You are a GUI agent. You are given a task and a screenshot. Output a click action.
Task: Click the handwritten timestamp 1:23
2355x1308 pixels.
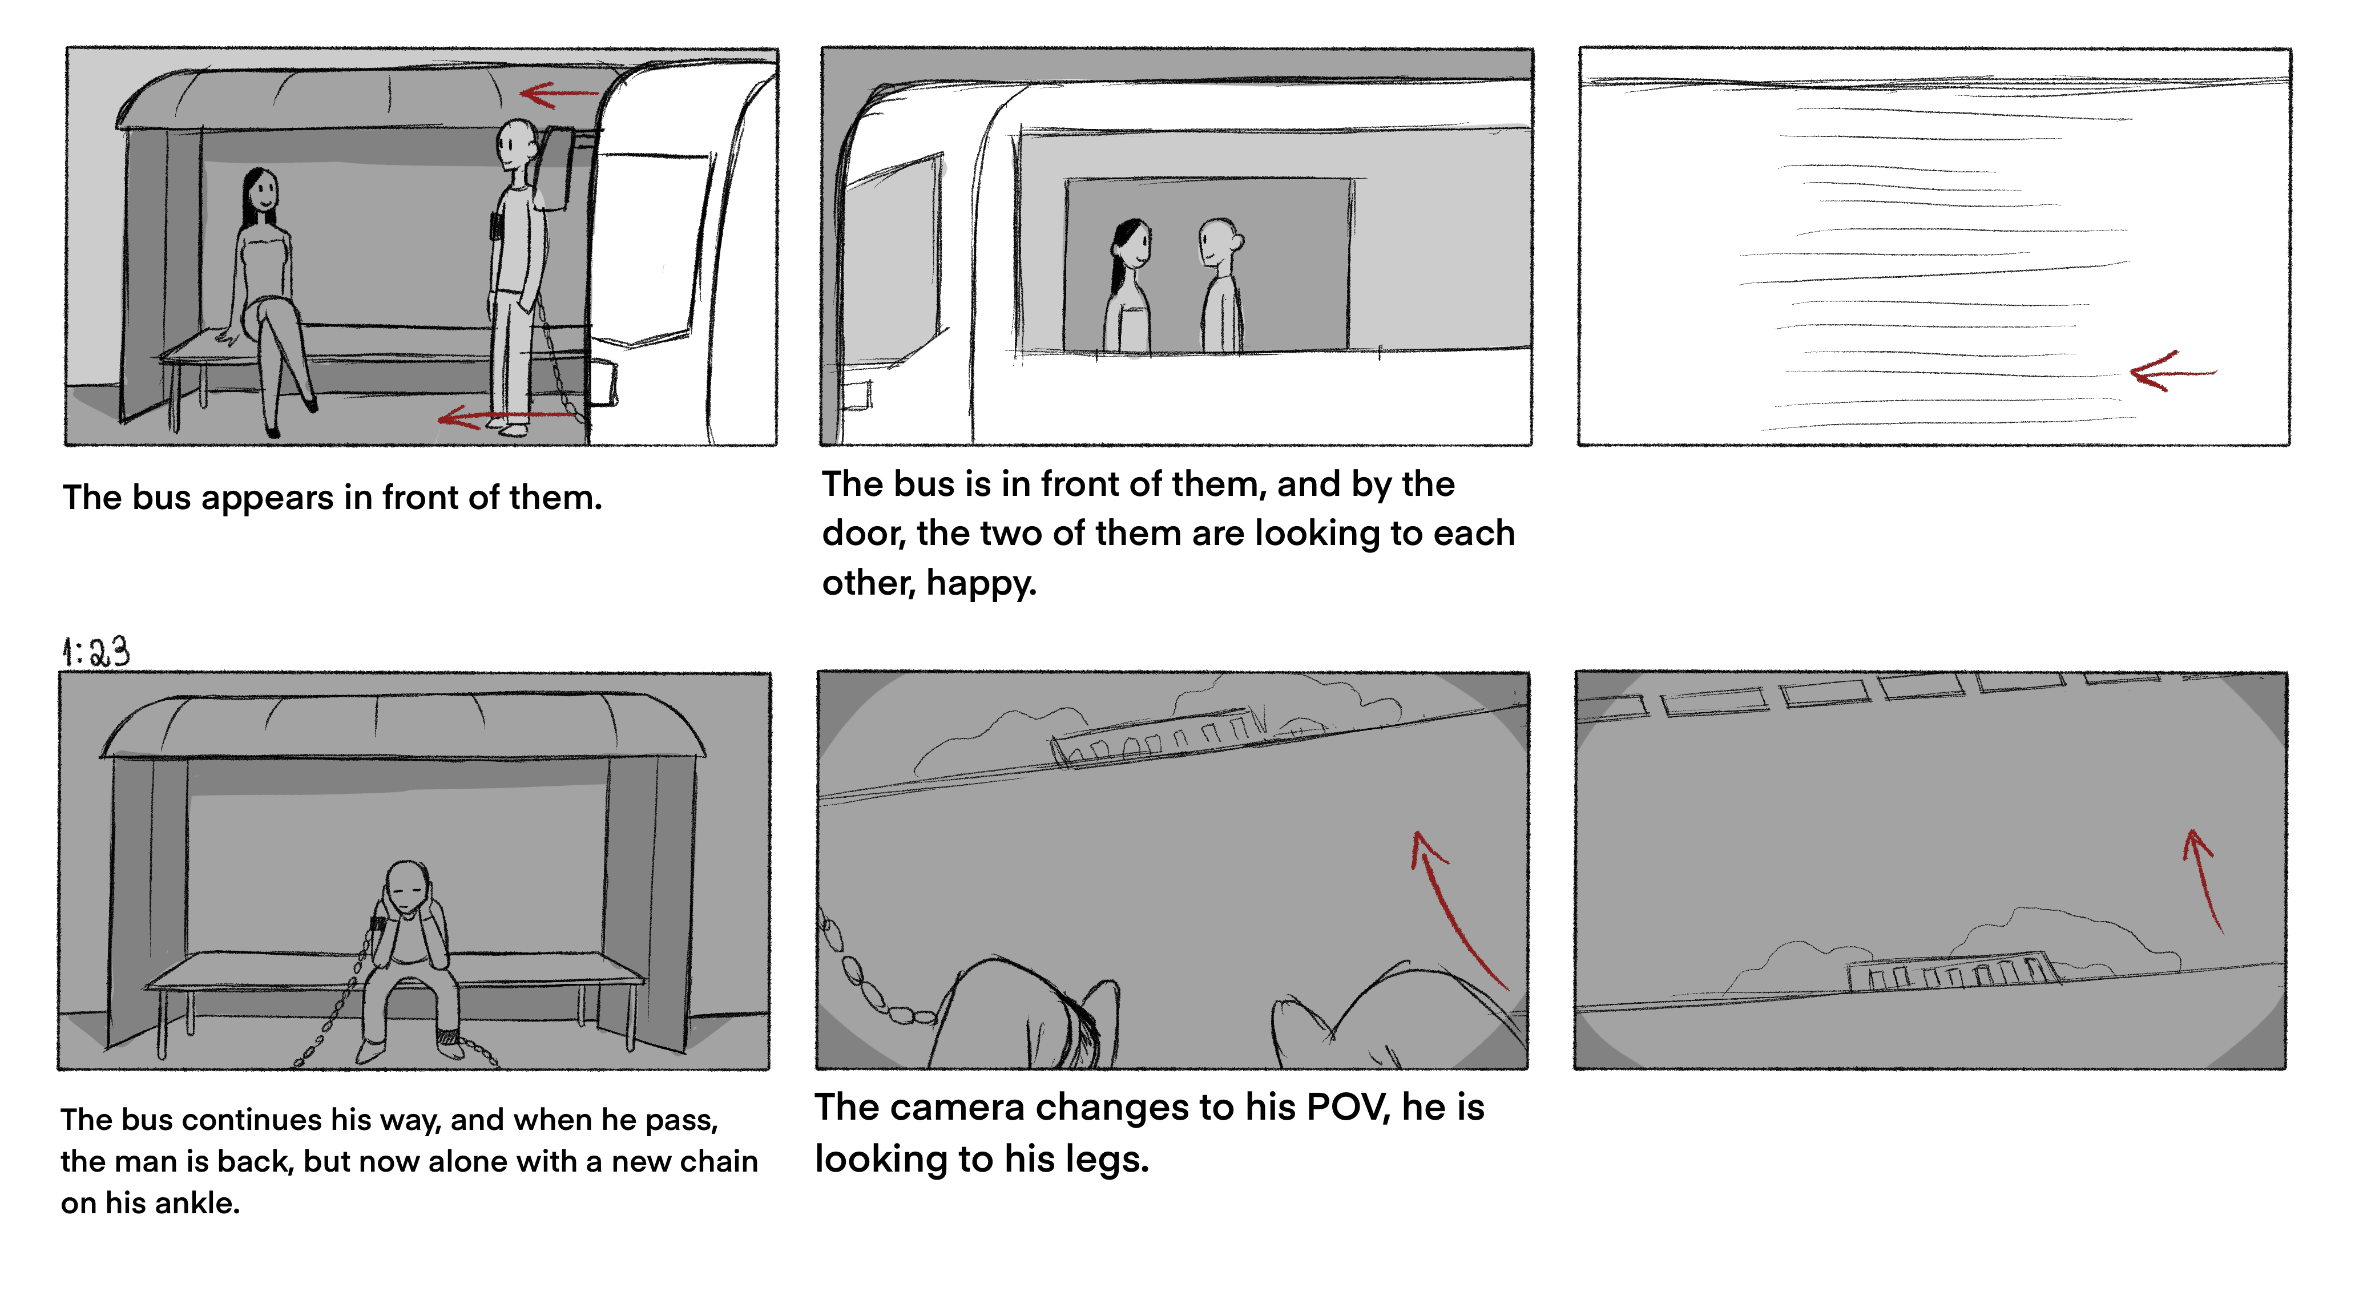click(95, 652)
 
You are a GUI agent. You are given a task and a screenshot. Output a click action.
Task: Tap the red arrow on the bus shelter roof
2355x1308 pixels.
click(559, 93)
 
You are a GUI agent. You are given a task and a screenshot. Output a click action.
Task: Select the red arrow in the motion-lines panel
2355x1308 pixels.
click(2173, 371)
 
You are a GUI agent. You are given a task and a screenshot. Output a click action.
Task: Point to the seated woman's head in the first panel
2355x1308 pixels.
click(260, 193)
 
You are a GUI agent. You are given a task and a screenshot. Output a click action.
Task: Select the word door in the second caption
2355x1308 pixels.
click(863, 533)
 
